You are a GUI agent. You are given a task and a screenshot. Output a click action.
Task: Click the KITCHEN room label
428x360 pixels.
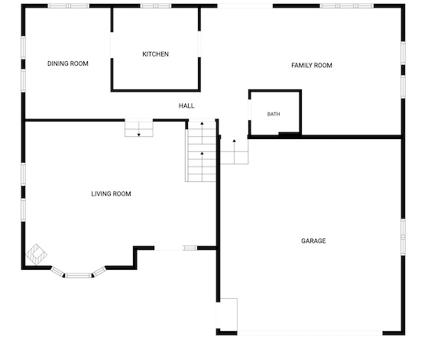[155, 54]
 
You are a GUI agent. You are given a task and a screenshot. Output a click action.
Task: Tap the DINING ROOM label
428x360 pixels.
[68, 63]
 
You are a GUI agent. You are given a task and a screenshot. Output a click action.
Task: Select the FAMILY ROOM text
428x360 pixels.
[312, 65]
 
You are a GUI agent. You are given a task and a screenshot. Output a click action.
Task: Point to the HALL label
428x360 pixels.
[186, 105]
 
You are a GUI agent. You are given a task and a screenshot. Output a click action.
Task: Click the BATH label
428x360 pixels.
[274, 114]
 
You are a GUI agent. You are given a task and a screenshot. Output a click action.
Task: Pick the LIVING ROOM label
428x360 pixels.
[111, 194]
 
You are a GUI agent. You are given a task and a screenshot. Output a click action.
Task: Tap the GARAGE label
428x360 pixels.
[313, 241]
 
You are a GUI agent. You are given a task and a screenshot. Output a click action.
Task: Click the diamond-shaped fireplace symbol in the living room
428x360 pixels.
[36, 255]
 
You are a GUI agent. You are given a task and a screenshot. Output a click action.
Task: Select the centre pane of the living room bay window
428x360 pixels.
[78, 275]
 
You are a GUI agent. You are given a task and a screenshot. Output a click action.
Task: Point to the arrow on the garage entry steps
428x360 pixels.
[234, 151]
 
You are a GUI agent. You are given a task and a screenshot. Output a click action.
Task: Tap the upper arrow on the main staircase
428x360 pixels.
[202, 133]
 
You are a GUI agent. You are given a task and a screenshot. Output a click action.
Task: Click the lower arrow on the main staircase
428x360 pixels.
[202, 167]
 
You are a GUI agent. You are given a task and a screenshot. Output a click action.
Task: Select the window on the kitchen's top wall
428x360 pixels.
[156, 5]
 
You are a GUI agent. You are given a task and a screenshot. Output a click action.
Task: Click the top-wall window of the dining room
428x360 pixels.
[69, 5]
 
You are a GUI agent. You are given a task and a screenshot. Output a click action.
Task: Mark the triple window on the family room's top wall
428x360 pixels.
[347, 5]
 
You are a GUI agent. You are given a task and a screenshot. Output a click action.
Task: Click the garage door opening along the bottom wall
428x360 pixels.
[310, 333]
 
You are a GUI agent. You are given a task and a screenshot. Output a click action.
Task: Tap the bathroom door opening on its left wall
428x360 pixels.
[249, 109]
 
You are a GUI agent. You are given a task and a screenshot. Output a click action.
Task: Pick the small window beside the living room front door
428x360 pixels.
[190, 248]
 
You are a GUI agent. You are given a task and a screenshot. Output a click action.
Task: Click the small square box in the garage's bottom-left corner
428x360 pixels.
[227, 314]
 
